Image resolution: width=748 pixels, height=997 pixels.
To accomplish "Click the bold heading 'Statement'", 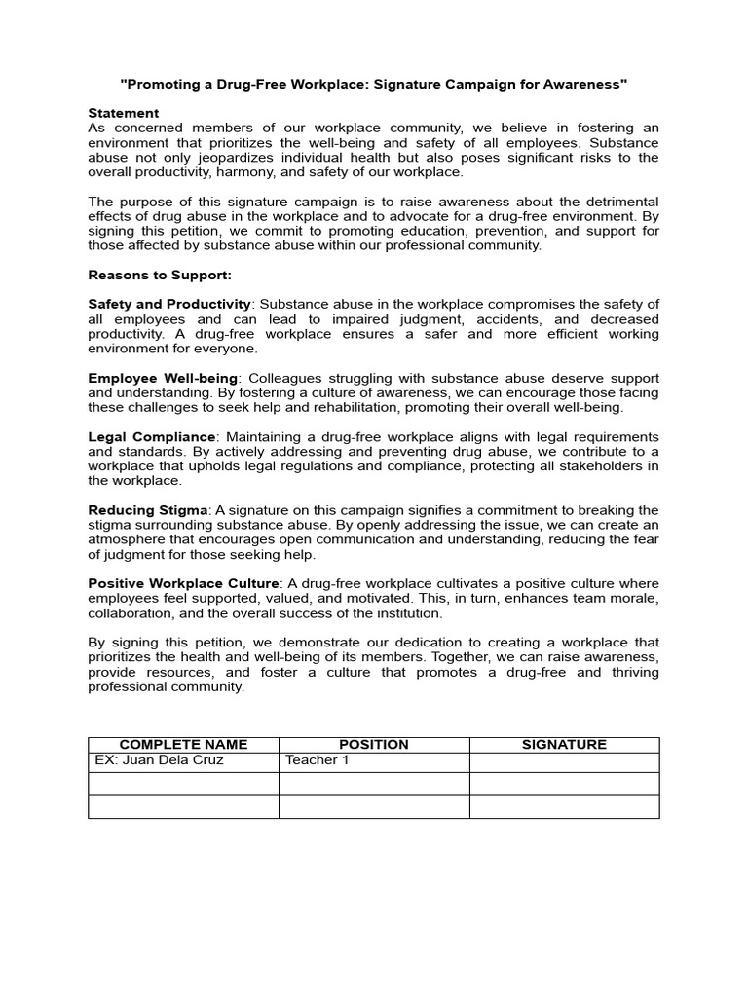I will [x=123, y=113].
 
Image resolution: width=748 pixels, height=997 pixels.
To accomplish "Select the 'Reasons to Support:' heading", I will [x=160, y=275].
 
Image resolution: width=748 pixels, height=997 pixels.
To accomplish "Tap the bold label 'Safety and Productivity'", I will [x=169, y=305].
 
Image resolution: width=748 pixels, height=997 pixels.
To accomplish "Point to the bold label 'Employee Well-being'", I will [x=163, y=378].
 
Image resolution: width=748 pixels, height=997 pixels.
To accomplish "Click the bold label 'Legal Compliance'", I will [x=151, y=436].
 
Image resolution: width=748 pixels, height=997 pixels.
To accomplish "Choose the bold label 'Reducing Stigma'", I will [x=148, y=510].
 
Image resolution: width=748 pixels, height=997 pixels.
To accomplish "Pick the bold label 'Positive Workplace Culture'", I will [x=184, y=583].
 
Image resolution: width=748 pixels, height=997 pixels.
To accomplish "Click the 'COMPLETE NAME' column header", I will [x=183, y=745].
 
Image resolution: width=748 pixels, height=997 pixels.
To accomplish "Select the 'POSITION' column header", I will [x=374, y=745].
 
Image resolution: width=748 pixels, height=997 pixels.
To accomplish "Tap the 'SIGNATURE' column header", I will [x=564, y=745].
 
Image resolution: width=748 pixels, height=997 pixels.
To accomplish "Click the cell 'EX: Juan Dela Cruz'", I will [x=159, y=760].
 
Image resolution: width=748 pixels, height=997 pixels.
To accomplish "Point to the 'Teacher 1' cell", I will [x=317, y=760].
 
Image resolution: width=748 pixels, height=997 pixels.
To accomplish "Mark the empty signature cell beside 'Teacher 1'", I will [x=564, y=761].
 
